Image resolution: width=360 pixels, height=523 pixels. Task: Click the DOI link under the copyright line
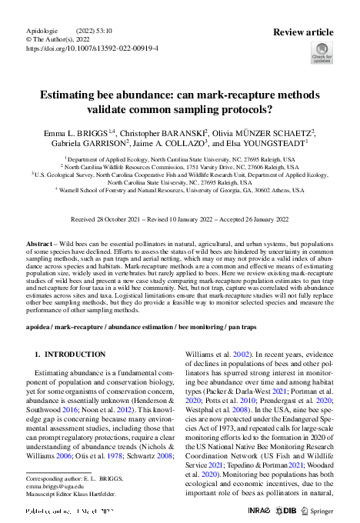[x=92, y=48]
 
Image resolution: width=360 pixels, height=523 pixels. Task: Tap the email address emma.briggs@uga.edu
[x=54, y=486]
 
